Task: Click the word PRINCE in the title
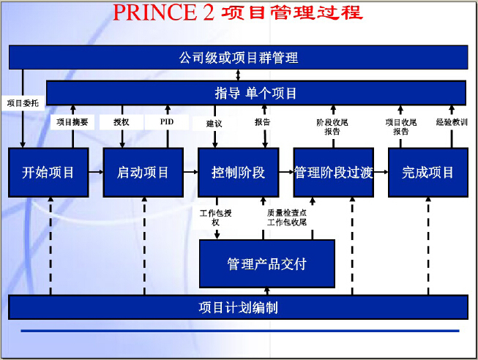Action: click(154, 12)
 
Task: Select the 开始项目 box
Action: click(48, 172)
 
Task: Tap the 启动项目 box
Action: click(143, 172)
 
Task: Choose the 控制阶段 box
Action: click(239, 172)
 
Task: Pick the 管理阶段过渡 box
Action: click(334, 172)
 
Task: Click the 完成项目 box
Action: click(428, 172)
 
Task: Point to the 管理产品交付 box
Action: click(267, 263)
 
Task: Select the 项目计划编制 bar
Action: click(238, 307)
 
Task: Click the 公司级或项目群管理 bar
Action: click(238, 57)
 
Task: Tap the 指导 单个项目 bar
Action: click(256, 93)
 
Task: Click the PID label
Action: click(167, 122)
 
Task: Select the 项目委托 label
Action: click(23, 103)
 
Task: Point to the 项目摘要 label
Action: click(72, 122)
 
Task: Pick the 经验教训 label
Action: click(452, 122)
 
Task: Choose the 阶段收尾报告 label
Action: click(332, 127)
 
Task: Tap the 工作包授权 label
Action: click(216, 217)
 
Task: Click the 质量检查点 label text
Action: click(287, 213)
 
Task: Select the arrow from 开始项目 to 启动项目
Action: click(96, 172)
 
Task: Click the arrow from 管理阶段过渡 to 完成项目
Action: click(381, 172)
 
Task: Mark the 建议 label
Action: click(214, 124)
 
